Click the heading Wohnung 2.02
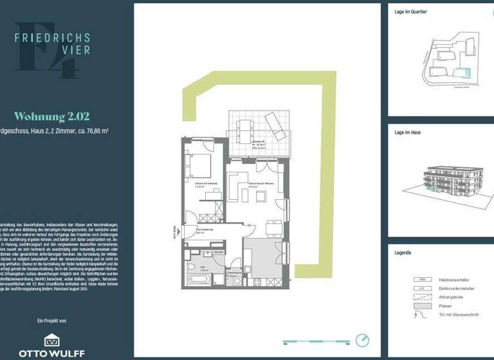(52, 116)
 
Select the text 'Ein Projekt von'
(52, 320)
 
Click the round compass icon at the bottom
(364, 340)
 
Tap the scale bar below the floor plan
(315, 341)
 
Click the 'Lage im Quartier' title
(410, 12)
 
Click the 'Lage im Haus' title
(408, 132)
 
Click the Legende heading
(403, 253)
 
